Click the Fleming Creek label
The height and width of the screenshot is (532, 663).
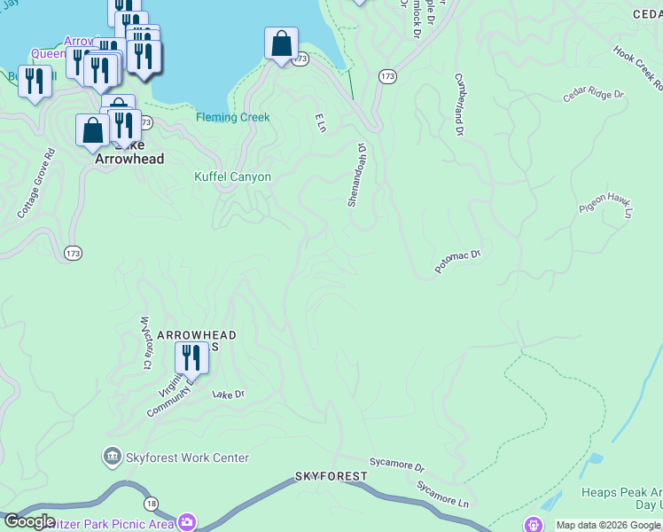pos(232,117)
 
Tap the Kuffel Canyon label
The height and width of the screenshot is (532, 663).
pos(232,176)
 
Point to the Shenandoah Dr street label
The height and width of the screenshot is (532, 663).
pos(357,175)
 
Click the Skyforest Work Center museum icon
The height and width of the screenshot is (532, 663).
pos(112,458)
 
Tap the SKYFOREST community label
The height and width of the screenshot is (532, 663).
pos(331,476)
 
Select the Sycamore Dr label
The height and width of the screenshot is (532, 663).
pos(397,465)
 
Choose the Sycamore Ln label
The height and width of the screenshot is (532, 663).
pos(442,493)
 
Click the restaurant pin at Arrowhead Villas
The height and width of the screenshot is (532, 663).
pos(191,357)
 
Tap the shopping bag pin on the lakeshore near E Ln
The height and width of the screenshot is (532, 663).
pos(281,43)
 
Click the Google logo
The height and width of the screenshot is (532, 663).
pos(28,521)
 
